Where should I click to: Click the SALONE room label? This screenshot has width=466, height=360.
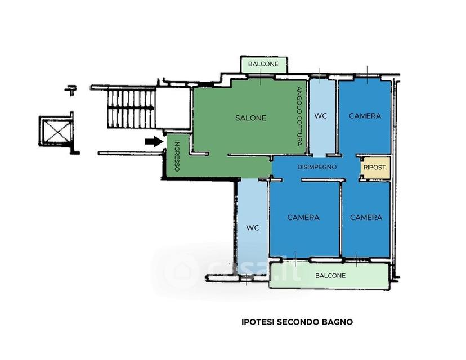click(x=250, y=118)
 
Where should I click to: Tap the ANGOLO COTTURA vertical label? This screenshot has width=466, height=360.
click(x=299, y=116)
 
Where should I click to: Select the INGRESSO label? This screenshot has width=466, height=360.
click(x=177, y=155)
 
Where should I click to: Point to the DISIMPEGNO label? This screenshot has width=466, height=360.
click(x=317, y=167)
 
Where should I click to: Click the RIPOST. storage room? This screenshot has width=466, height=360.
click(x=375, y=168)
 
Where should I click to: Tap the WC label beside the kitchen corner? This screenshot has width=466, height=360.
click(x=321, y=116)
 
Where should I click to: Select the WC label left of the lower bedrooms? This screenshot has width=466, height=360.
click(x=253, y=228)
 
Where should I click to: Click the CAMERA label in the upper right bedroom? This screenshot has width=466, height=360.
click(x=365, y=116)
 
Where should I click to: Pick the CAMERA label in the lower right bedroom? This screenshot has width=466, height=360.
click(x=366, y=218)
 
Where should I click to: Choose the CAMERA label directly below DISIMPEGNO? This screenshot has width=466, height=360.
click(x=303, y=218)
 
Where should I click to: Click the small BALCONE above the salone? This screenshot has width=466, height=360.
click(x=263, y=64)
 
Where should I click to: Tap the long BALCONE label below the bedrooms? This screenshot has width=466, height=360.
click(x=330, y=276)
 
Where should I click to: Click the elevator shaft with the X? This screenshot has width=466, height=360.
click(x=56, y=131)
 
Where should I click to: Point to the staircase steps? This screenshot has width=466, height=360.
click(x=131, y=109)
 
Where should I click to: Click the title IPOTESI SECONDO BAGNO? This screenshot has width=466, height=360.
click(x=297, y=322)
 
